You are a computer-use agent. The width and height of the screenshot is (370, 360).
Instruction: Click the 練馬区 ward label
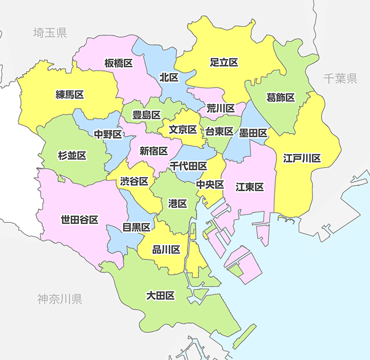click(70, 95)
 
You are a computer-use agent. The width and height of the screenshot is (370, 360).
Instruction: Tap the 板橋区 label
click(119, 63)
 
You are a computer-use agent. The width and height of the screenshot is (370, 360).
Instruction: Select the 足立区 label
click(224, 63)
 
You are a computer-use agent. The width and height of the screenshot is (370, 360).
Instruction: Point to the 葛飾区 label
click(281, 97)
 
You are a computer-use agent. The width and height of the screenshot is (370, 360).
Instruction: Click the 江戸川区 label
click(302, 158)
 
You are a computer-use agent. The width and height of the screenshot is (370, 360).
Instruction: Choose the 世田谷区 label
click(79, 219)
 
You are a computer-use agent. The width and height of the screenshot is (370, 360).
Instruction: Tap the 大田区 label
click(161, 296)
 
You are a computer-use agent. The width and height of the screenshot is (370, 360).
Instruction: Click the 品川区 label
click(166, 249)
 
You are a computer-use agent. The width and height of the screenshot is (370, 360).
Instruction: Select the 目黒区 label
click(136, 227)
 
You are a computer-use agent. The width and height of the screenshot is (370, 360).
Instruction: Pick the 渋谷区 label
click(134, 181)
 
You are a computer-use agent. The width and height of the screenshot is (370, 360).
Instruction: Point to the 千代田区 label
click(188, 166)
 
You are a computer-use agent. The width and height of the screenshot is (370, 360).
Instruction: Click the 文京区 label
click(183, 129)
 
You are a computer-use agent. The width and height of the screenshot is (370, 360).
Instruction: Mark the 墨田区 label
click(253, 133)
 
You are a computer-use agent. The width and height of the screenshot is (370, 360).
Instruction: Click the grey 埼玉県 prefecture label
click(49, 33)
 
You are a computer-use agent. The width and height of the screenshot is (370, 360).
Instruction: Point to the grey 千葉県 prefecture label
click(340, 79)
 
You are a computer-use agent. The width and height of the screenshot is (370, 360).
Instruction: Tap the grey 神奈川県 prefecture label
click(60, 299)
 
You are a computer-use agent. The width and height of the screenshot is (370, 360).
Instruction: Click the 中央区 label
click(209, 184)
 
